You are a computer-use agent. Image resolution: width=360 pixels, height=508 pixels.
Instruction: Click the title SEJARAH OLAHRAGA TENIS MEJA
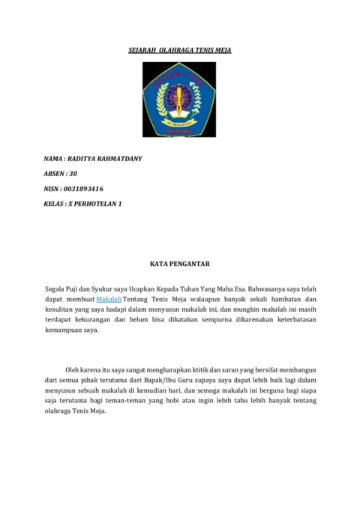(x=179, y=50)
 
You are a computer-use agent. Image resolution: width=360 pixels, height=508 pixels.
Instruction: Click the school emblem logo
(x=179, y=100)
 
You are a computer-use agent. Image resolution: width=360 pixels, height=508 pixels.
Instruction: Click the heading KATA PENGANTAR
(x=179, y=263)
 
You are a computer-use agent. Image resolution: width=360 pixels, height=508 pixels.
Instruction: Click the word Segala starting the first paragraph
(x=56, y=288)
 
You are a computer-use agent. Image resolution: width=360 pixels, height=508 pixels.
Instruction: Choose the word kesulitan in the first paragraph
(x=61, y=309)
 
